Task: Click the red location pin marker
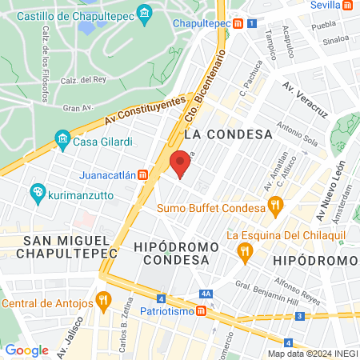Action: pyautogui.click(x=180, y=164)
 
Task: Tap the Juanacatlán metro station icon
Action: pyautogui.click(x=142, y=174)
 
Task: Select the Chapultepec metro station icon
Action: pyautogui.click(x=238, y=24)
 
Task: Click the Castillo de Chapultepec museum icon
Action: pyautogui.click(x=144, y=13)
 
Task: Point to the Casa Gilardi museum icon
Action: pyautogui.click(x=62, y=142)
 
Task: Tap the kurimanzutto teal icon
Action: pyautogui.click(x=37, y=193)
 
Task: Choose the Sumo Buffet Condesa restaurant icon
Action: pyautogui.click(x=275, y=204)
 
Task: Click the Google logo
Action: pyautogui.click(x=26, y=350)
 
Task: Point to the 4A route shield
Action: pyautogui.click(x=206, y=294)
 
